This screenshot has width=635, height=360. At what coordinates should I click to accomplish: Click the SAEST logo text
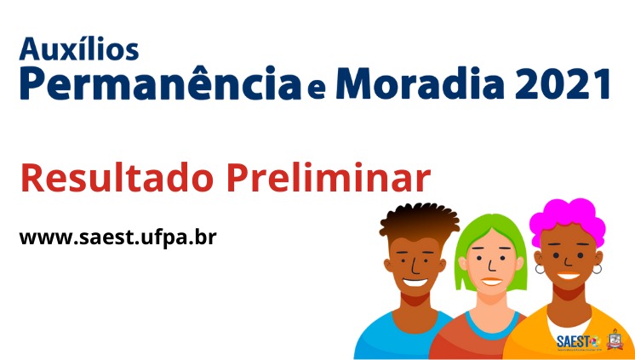coord(572,341)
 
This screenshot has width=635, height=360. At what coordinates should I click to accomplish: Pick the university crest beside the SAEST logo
coord(614,340)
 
